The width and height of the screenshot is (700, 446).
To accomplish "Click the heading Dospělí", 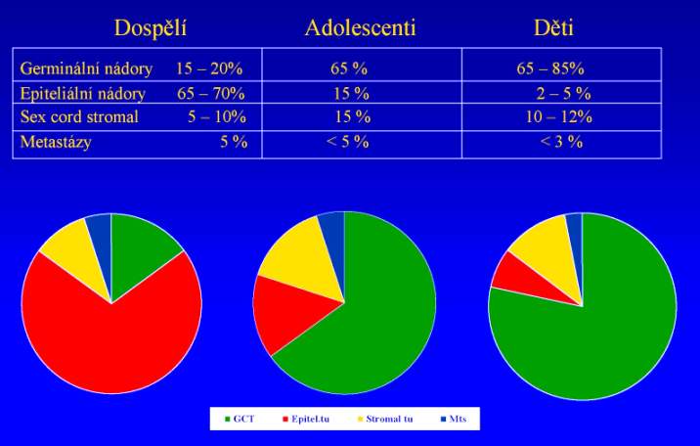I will [x=150, y=27].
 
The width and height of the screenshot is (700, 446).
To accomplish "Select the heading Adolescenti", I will [x=360, y=27].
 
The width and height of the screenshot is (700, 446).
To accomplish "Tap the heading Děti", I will [x=553, y=27].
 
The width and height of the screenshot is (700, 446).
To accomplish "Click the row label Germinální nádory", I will [x=86, y=69].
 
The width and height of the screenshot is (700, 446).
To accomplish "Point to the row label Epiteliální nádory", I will [x=83, y=94].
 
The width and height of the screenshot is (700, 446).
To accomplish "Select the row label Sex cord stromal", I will [x=79, y=117].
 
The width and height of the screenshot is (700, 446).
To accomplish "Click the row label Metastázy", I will [x=57, y=142].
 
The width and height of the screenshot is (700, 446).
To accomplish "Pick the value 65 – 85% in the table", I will [x=550, y=69].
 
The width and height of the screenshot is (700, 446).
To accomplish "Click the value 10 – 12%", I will [x=560, y=117].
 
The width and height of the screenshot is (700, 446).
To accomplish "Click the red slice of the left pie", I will [x=108, y=342].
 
